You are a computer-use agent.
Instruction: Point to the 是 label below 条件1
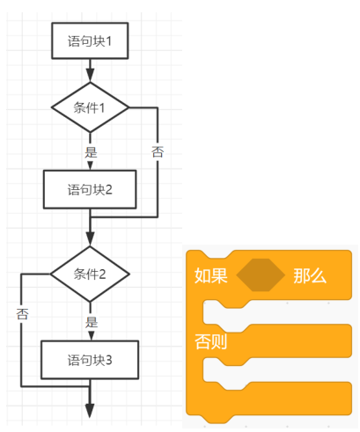click(x=91, y=152)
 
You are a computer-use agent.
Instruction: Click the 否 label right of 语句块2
click(x=158, y=152)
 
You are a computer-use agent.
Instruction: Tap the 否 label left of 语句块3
click(x=22, y=314)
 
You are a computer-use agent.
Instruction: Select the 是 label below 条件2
click(x=92, y=322)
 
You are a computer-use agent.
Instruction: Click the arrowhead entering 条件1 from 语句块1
click(x=90, y=76)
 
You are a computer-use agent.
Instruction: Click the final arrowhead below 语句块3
click(x=90, y=411)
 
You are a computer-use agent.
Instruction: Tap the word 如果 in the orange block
click(x=211, y=275)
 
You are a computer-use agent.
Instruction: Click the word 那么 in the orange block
click(x=310, y=275)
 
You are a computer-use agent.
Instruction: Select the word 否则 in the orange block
click(x=211, y=341)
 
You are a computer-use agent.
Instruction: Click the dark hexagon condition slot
click(x=261, y=275)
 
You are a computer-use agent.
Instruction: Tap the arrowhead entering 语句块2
click(x=90, y=166)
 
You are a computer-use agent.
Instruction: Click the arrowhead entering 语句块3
click(x=91, y=336)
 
